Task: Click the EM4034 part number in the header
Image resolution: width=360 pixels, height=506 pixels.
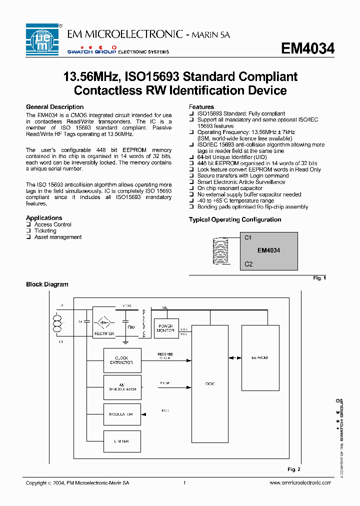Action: tap(307, 48)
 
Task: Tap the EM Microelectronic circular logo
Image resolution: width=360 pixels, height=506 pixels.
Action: tap(43, 39)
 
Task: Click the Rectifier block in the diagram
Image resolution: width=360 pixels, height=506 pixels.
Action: tap(104, 325)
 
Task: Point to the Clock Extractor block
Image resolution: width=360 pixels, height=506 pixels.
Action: tap(122, 360)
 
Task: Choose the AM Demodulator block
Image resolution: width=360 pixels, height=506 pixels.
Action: tap(122, 386)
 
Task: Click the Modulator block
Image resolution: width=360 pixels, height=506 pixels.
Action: tap(122, 414)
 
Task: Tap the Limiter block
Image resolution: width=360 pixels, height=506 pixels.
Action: tap(122, 441)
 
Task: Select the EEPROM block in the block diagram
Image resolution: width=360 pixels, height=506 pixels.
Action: tap(260, 357)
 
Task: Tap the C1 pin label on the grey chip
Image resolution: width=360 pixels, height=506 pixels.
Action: tap(248, 237)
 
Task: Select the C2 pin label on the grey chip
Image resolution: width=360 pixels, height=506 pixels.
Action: tap(248, 264)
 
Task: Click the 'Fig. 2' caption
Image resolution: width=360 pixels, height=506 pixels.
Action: tap(294, 469)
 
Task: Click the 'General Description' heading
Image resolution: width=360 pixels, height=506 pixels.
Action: tap(54, 107)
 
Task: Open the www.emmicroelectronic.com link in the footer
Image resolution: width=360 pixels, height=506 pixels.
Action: tap(300, 483)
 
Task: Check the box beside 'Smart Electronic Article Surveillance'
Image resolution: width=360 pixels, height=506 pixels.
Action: tap(191, 182)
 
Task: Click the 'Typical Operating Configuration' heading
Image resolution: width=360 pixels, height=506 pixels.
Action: tap(234, 219)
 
